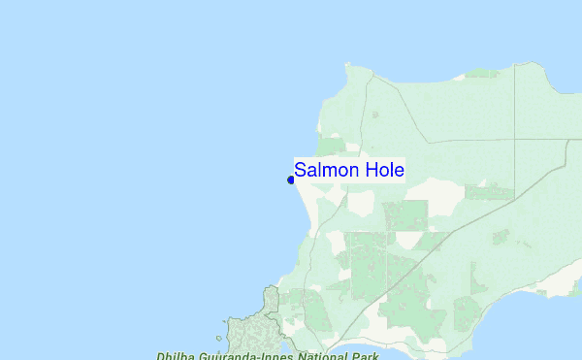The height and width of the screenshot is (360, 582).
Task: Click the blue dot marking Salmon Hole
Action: click(x=291, y=180)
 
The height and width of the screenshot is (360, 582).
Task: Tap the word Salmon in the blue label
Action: click(x=325, y=170)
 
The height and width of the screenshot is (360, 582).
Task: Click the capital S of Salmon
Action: click(x=301, y=170)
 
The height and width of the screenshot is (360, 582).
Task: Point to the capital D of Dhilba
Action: click(x=161, y=356)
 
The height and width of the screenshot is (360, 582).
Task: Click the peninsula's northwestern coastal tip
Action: click(x=347, y=66)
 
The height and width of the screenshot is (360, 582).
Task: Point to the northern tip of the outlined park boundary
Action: click(x=271, y=287)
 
